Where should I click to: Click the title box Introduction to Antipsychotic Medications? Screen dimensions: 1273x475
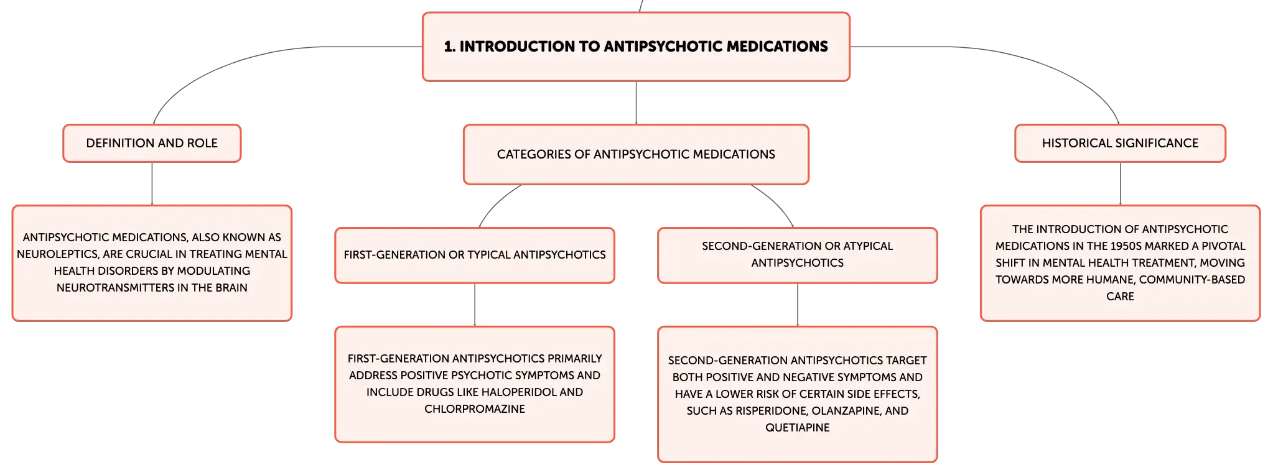point(636,47)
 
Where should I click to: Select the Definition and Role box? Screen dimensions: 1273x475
point(152,143)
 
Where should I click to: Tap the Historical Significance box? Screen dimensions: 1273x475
point(1120,143)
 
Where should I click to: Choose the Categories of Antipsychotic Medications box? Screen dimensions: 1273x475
point(636,154)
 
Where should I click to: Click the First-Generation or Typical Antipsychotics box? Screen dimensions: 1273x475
point(475,255)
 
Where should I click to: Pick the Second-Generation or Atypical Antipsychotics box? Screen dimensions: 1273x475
point(798,255)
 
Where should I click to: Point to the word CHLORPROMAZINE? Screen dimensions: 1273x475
point(475,409)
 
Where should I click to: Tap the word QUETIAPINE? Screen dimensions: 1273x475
point(798,428)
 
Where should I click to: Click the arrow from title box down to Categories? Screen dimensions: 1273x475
point(636,103)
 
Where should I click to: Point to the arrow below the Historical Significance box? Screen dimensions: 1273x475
point(1120,184)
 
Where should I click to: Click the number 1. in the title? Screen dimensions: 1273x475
point(449,47)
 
